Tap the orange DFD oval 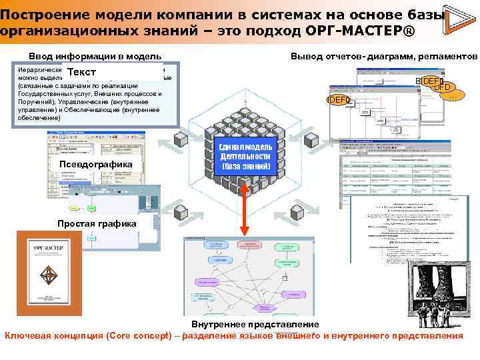444,87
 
